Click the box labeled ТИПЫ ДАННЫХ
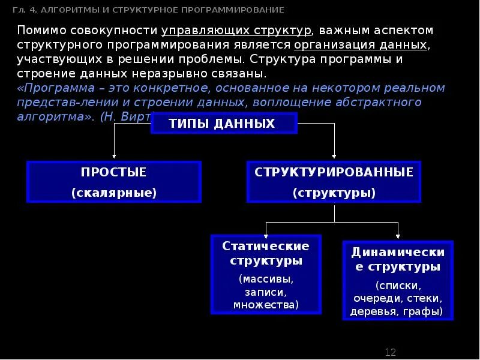[223, 124]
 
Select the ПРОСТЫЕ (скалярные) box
[113, 181]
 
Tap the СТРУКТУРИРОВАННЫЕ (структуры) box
[334, 181]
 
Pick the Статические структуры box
[266, 274]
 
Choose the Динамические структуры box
[397, 280]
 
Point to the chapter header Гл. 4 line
[148, 10]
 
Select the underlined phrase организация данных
[360, 45]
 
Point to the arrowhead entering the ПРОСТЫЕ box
[114, 157]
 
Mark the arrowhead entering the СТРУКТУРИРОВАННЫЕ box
[334, 157]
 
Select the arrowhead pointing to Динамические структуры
[397, 236]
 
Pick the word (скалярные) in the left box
[113, 193]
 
